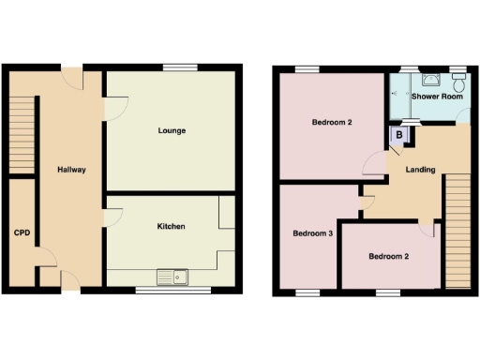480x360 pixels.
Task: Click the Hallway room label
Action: pyautogui.click(x=71, y=170)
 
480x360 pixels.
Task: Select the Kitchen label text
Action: pyautogui.click(x=171, y=226)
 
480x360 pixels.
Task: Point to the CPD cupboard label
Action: pyautogui.click(x=20, y=232)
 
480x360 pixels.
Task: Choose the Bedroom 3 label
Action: pyautogui.click(x=313, y=233)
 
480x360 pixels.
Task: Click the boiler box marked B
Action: pyautogui.click(x=400, y=136)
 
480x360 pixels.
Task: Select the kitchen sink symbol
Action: pyautogui.click(x=173, y=277)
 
